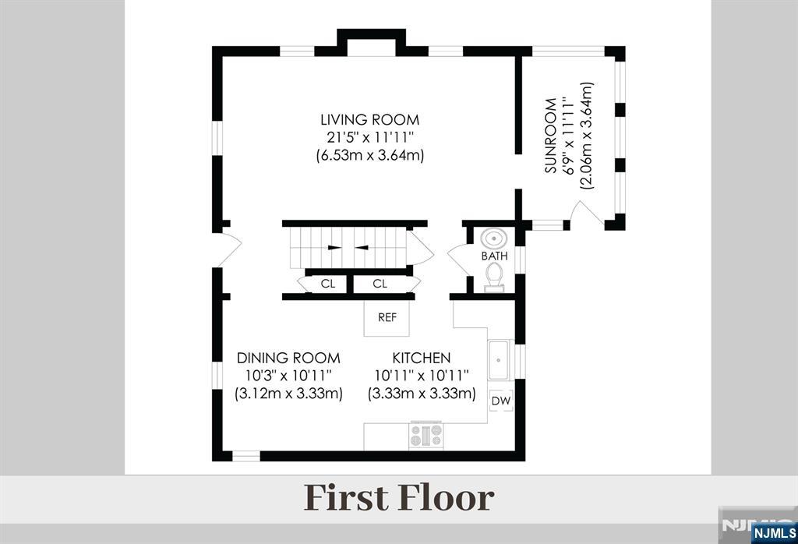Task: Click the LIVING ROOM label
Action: (x=370, y=119)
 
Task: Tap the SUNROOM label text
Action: (x=551, y=136)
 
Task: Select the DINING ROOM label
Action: (x=288, y=358)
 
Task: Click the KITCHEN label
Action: (x=422, y=358)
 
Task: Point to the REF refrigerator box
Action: (x=387, y=317)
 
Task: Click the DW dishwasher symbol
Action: (x=501, y=401)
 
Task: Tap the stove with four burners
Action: (x=426, y=436)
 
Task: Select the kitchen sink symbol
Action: (x=498, y=360)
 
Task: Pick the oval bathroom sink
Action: (x=493, y=238)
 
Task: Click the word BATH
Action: (x=495, y=256)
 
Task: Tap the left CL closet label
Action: (x=328, y=284)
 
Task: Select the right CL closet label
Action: (x=380, y=284)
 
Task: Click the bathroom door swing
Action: (x=457, y=258)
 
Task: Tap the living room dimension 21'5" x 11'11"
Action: (x=370, y=137)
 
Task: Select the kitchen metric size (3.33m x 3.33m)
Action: (x=422, y=394)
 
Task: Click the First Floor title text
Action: (x=399, y=498)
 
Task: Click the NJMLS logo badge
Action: (x=774, y=533)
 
